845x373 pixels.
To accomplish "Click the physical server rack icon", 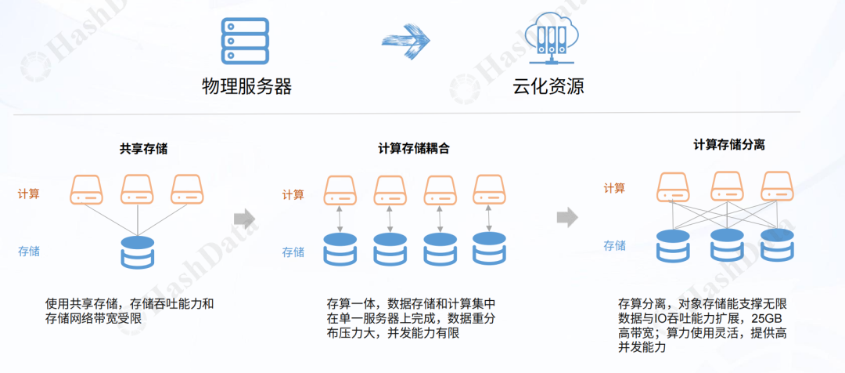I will pyautogui.click(x=245, y=42).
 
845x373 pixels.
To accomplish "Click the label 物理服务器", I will pyautogui.click(x=246, y=86).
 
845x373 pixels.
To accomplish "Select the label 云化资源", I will pyautogui.click(x=548, y=86).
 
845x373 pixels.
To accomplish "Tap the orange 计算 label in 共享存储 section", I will pyautogui.click(x=29, y=194).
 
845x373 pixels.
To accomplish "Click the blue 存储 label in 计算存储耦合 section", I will pyautogui.click(x=293, y=252).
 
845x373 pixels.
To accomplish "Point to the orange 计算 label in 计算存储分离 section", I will pyautogui.click(x=614, y=188).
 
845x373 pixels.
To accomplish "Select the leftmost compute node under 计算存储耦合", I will pyautogui.click(x=340, y=189).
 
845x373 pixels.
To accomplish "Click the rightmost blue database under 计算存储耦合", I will pyautogui.click(x=489, y=248).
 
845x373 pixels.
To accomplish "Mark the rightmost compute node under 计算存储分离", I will pyautogui.click(x=778, y=185).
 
